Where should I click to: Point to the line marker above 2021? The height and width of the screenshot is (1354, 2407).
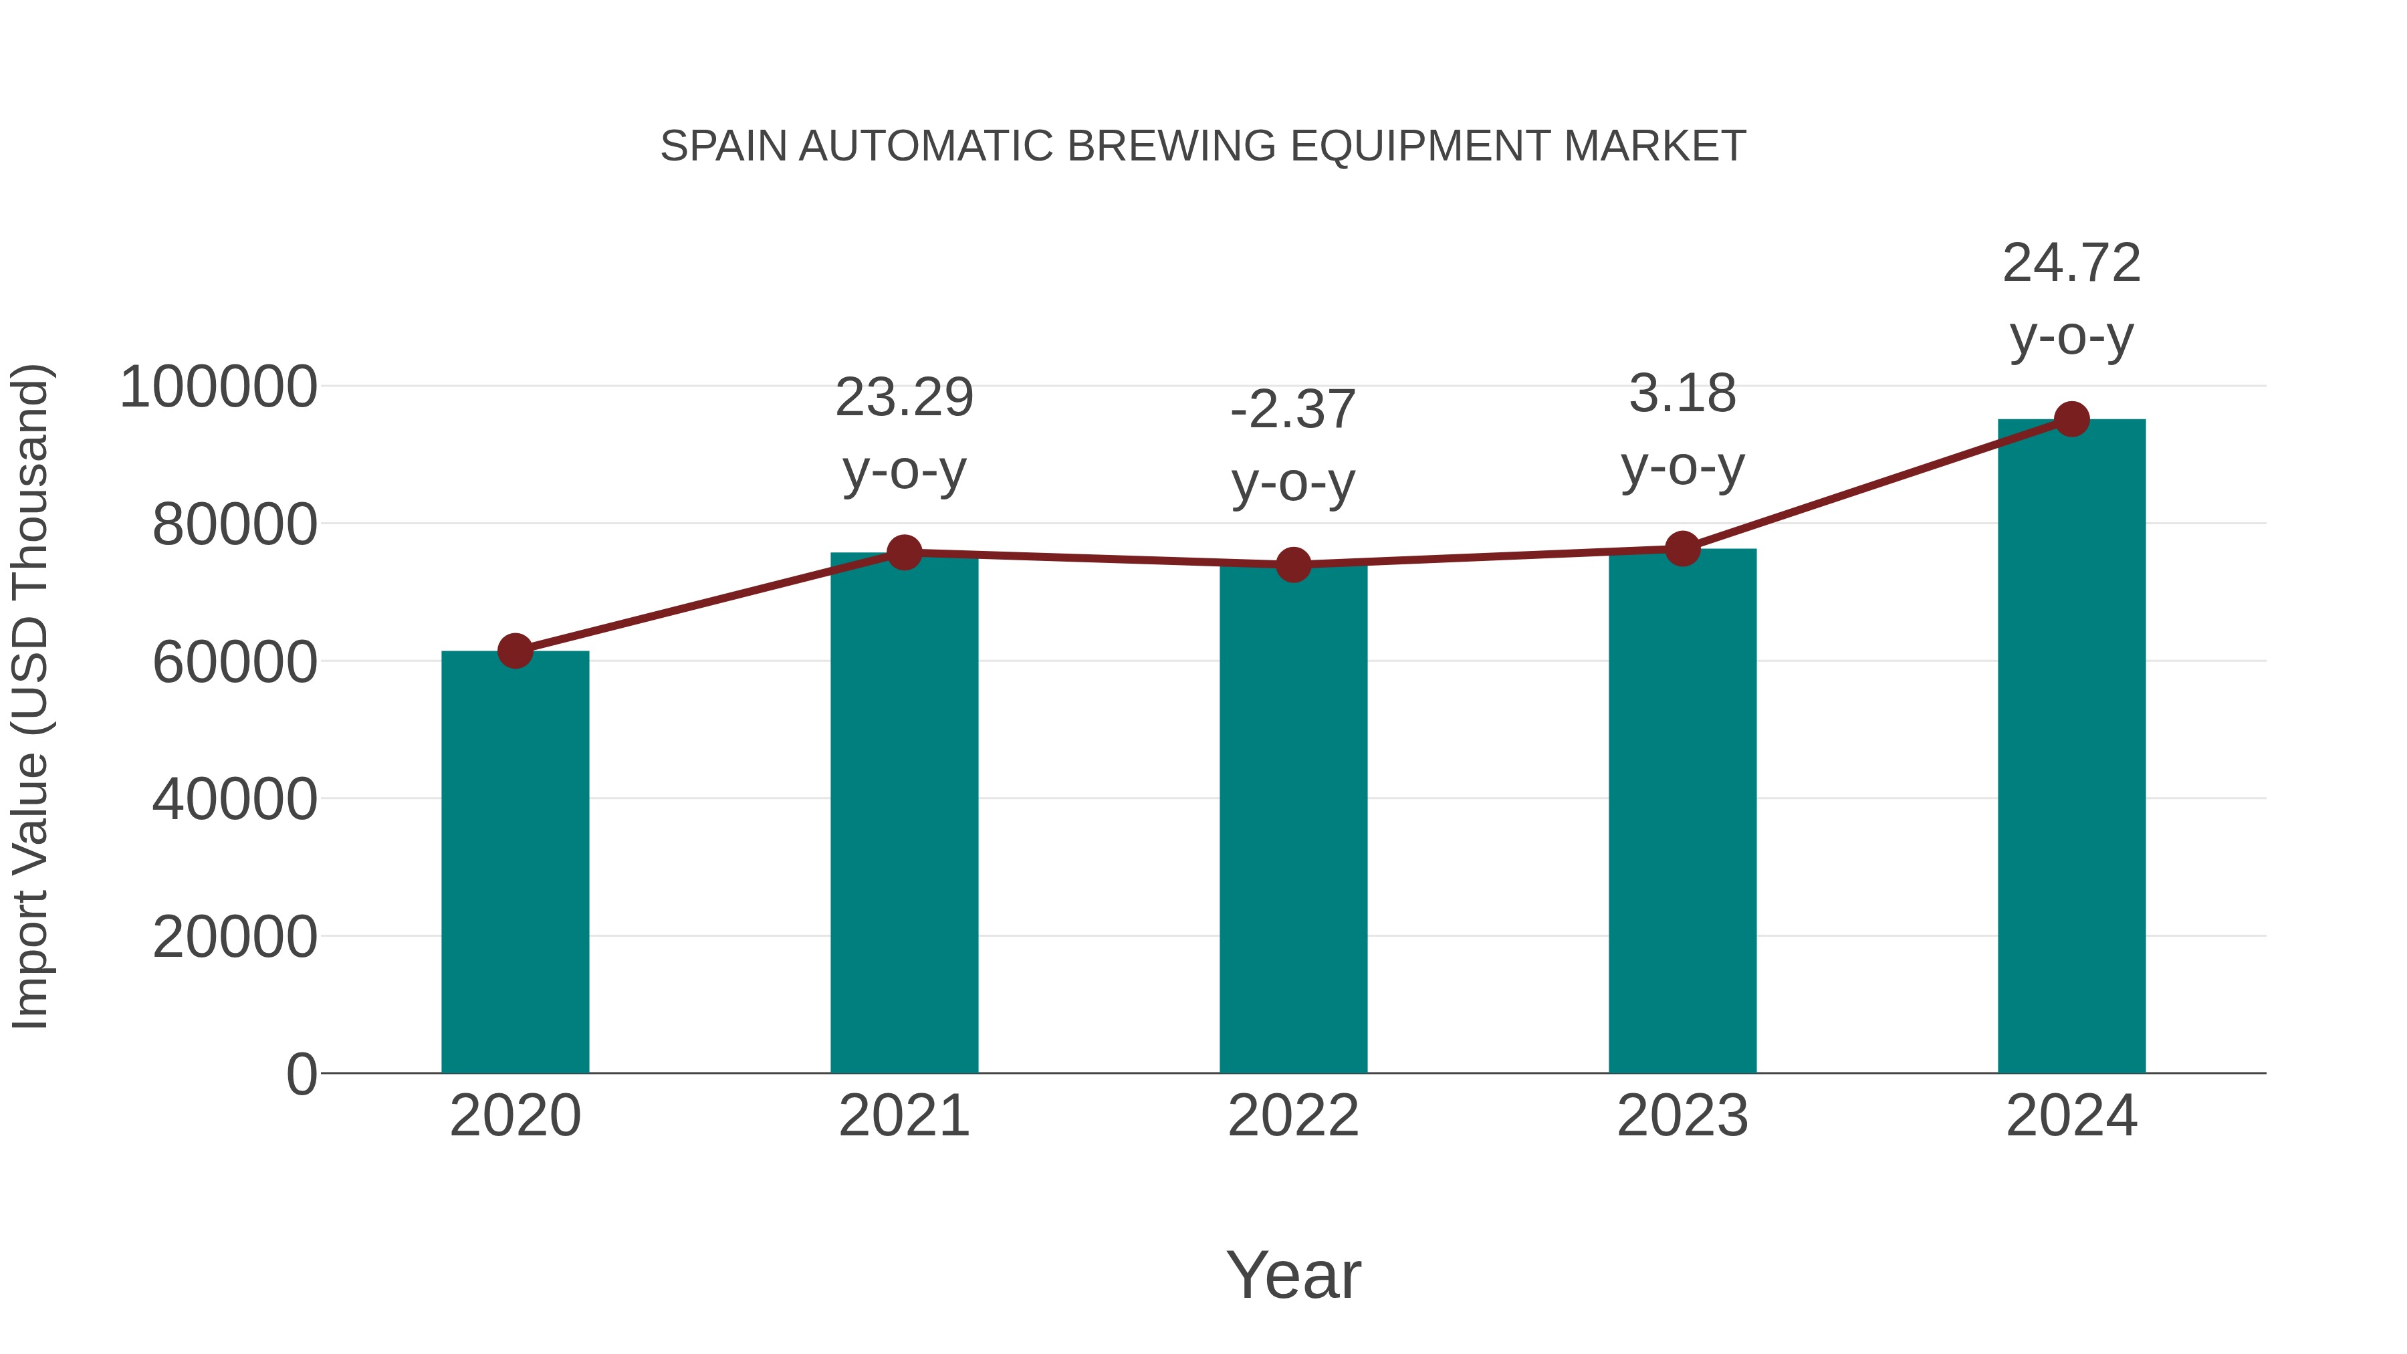(905, 552)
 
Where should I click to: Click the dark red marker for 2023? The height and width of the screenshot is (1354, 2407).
(1682, 548)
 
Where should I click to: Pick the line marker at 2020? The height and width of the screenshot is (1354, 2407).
(515, 651)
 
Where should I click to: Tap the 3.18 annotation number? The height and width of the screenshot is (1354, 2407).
(1682, 393)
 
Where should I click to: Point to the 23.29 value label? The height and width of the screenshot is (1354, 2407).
(905, 397)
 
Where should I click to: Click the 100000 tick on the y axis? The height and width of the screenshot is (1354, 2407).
(219, 387)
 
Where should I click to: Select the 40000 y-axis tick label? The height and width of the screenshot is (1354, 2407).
(235, 800)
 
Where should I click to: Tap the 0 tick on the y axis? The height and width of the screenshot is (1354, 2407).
(302, 1074)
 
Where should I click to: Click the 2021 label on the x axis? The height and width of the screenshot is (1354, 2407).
(905, 1116)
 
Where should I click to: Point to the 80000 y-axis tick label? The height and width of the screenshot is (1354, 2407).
(235, 525)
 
